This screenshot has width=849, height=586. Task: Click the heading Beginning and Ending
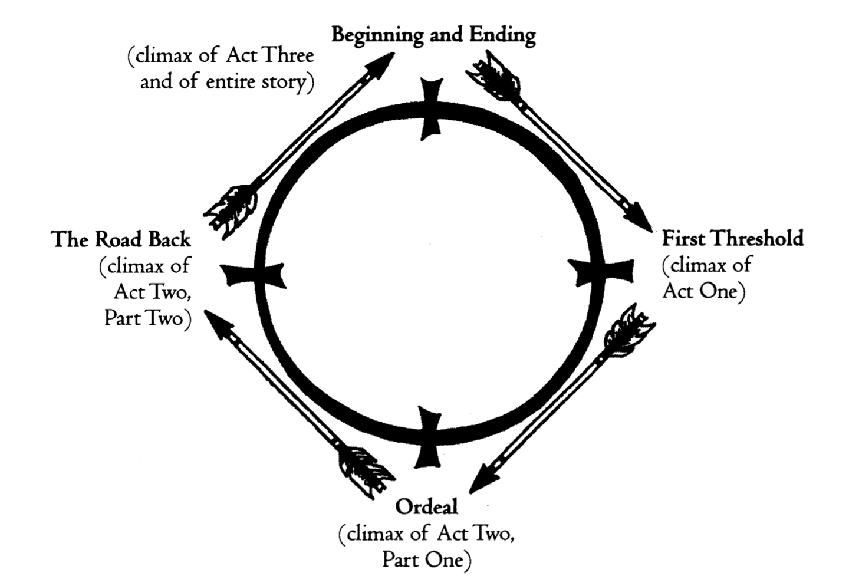(x=433, y=35)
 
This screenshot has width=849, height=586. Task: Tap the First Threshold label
(x=732, y=239)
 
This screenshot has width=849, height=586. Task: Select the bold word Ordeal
(x=426, y=507)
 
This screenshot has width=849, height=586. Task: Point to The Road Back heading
(x=121, y=240)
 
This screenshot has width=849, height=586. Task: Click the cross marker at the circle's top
(x=432, y=109)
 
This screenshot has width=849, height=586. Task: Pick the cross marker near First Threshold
(x=601, y=273)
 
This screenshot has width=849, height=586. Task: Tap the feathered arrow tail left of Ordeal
(x=366, y=469)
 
